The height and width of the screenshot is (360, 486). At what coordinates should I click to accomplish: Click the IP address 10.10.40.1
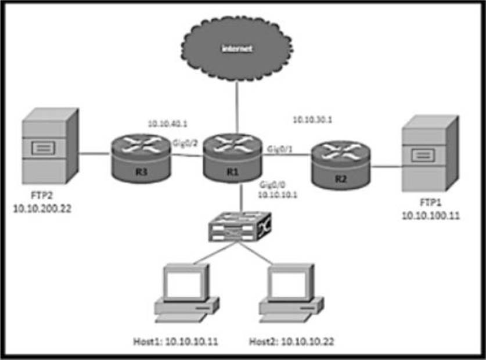164,123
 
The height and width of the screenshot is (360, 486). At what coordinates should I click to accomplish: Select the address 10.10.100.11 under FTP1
429,215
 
